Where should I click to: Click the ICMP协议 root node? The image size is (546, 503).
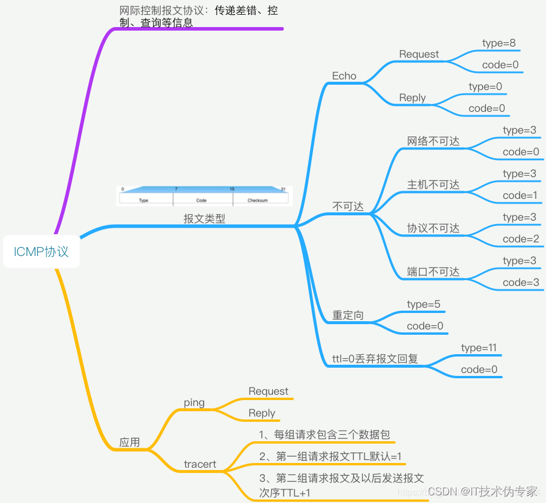click(x=41, y=252)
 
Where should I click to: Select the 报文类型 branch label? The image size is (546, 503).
click(x=204, y=219)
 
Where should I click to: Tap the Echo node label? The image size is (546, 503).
click(x=344, y=76)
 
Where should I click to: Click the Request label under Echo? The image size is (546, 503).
click(x=419, y=54)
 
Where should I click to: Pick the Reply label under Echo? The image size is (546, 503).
click(x=412, y=98)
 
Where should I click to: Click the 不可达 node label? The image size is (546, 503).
click(x=348, y=206)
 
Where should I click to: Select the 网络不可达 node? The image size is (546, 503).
click(x=433, y=141)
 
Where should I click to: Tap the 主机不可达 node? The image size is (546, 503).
click(x=433, y=185)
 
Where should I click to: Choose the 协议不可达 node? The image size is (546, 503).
click(x=433, y=228)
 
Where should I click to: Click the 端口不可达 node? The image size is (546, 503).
click(x=433, y=272)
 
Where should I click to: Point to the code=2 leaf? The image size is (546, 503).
click(x=521, y=239)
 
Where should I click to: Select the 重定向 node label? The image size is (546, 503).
click(x=348, y=315)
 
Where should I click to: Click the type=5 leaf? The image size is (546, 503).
click(x=424, y=304)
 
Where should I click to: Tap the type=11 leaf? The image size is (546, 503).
click(x=479, y=348)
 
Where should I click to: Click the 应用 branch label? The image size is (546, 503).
click(x=129, y=442)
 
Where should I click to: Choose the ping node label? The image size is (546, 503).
click(x=194, y=402)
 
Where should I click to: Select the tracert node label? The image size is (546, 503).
click(x=200, y=464)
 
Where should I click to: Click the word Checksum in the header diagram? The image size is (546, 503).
click(x=258, y=201)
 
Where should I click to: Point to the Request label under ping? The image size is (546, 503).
click(x=268, y=391)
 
